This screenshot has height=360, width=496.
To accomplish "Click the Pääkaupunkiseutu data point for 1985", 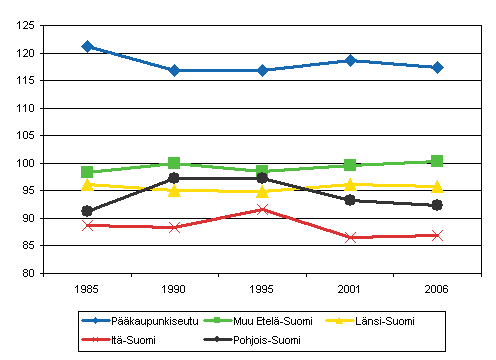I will [x=88, y=46].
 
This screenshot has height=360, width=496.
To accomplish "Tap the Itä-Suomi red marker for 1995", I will [x=262, y=209].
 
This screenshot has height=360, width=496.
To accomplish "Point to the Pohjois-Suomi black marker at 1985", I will [x=88, y=211].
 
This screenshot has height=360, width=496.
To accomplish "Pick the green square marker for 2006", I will [x=437, y=160].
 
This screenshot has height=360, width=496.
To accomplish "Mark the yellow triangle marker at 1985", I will [x=88, y=184].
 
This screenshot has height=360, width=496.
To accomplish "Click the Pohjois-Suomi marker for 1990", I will [x=174, y=177].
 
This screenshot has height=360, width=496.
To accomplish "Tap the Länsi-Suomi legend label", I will [x=386, y=320].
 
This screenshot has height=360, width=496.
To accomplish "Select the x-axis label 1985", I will [x=88, y=287].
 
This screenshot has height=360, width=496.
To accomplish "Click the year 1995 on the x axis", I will [x=262, y=287].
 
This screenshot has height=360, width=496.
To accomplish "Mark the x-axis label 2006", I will [x=437, y=287].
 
